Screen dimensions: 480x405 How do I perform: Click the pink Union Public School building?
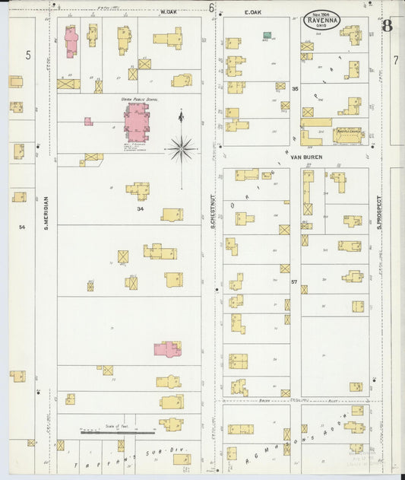[x=138, y=122]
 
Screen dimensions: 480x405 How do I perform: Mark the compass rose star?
[x=181, y=148]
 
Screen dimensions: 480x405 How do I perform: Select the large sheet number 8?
[x=388, y=27]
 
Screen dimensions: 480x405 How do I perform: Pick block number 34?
[x=140, y=208]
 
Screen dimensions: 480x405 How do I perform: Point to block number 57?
[x=293, y=282]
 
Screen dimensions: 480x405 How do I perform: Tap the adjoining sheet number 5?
[x=28, y=55]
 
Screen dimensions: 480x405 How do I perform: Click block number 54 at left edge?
[x=22, y=227]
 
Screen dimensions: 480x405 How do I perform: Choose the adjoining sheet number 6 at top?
[x=210, y=8]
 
